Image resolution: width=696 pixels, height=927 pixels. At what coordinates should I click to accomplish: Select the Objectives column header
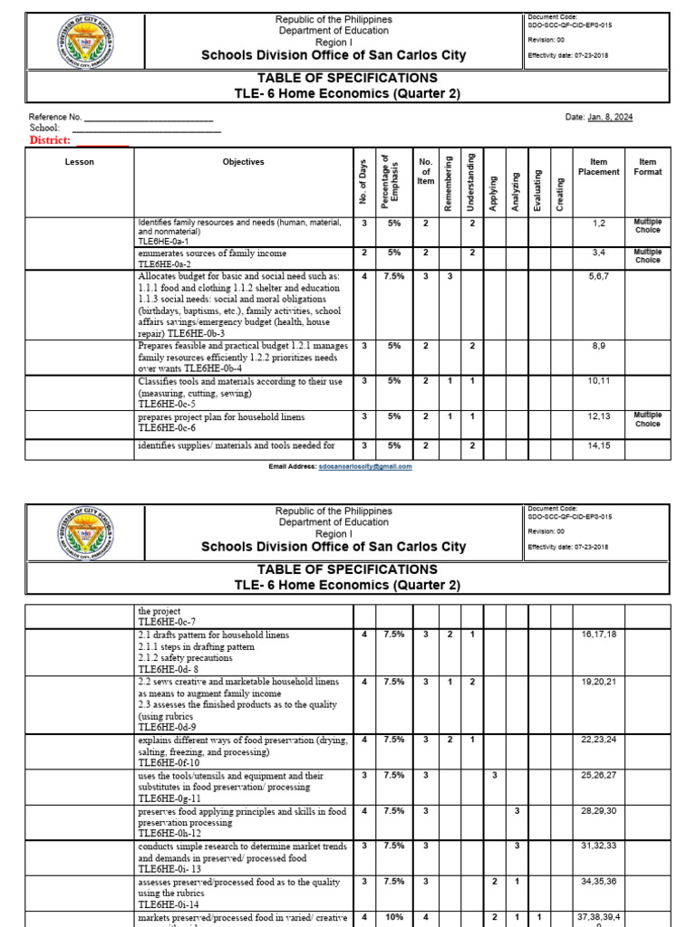(243, 162)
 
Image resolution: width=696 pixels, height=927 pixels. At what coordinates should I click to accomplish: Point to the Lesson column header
(79, 162)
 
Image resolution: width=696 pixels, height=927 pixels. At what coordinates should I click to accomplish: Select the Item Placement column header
(598, 167)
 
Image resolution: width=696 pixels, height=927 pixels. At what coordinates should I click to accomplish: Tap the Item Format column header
(647, 167)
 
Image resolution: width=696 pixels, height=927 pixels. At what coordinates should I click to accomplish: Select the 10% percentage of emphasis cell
(394, 917)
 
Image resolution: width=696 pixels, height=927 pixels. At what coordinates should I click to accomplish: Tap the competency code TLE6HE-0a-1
(163, 242)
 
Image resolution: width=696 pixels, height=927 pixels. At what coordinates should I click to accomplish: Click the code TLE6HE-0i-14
(169, 903)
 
